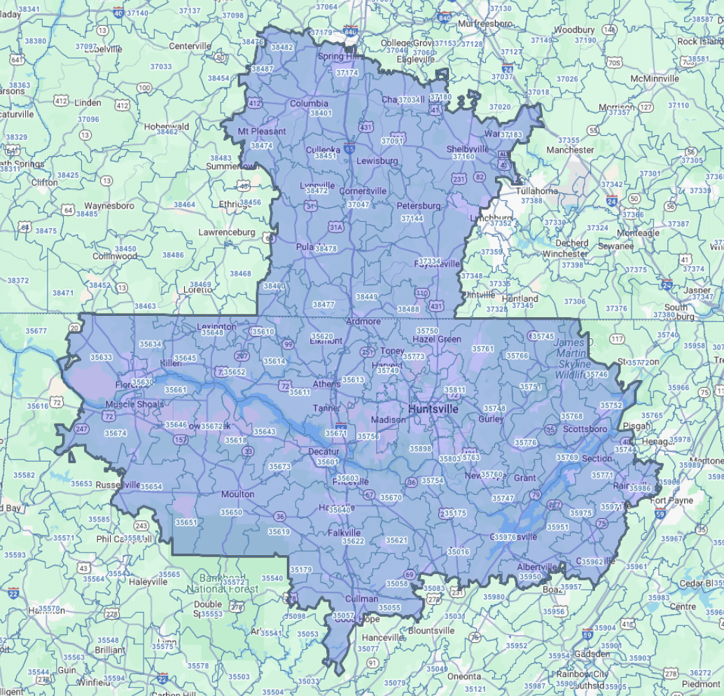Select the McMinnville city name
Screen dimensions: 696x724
coord(655,78)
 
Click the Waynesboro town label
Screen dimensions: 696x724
coord(109,206)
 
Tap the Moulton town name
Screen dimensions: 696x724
coord(237,494)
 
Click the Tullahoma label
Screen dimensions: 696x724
coord(536,190)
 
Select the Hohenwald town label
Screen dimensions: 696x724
coord(167,127)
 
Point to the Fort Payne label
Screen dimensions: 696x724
coord(671,501)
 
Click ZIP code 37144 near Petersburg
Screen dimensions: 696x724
coord(412,218)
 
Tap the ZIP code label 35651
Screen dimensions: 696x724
coord(186,522)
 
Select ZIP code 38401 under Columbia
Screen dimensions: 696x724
coord(321,113)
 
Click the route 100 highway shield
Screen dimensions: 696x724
coord(144,88)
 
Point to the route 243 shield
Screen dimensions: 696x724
coord(141,525)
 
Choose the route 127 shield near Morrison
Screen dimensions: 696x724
coord(646,107)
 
